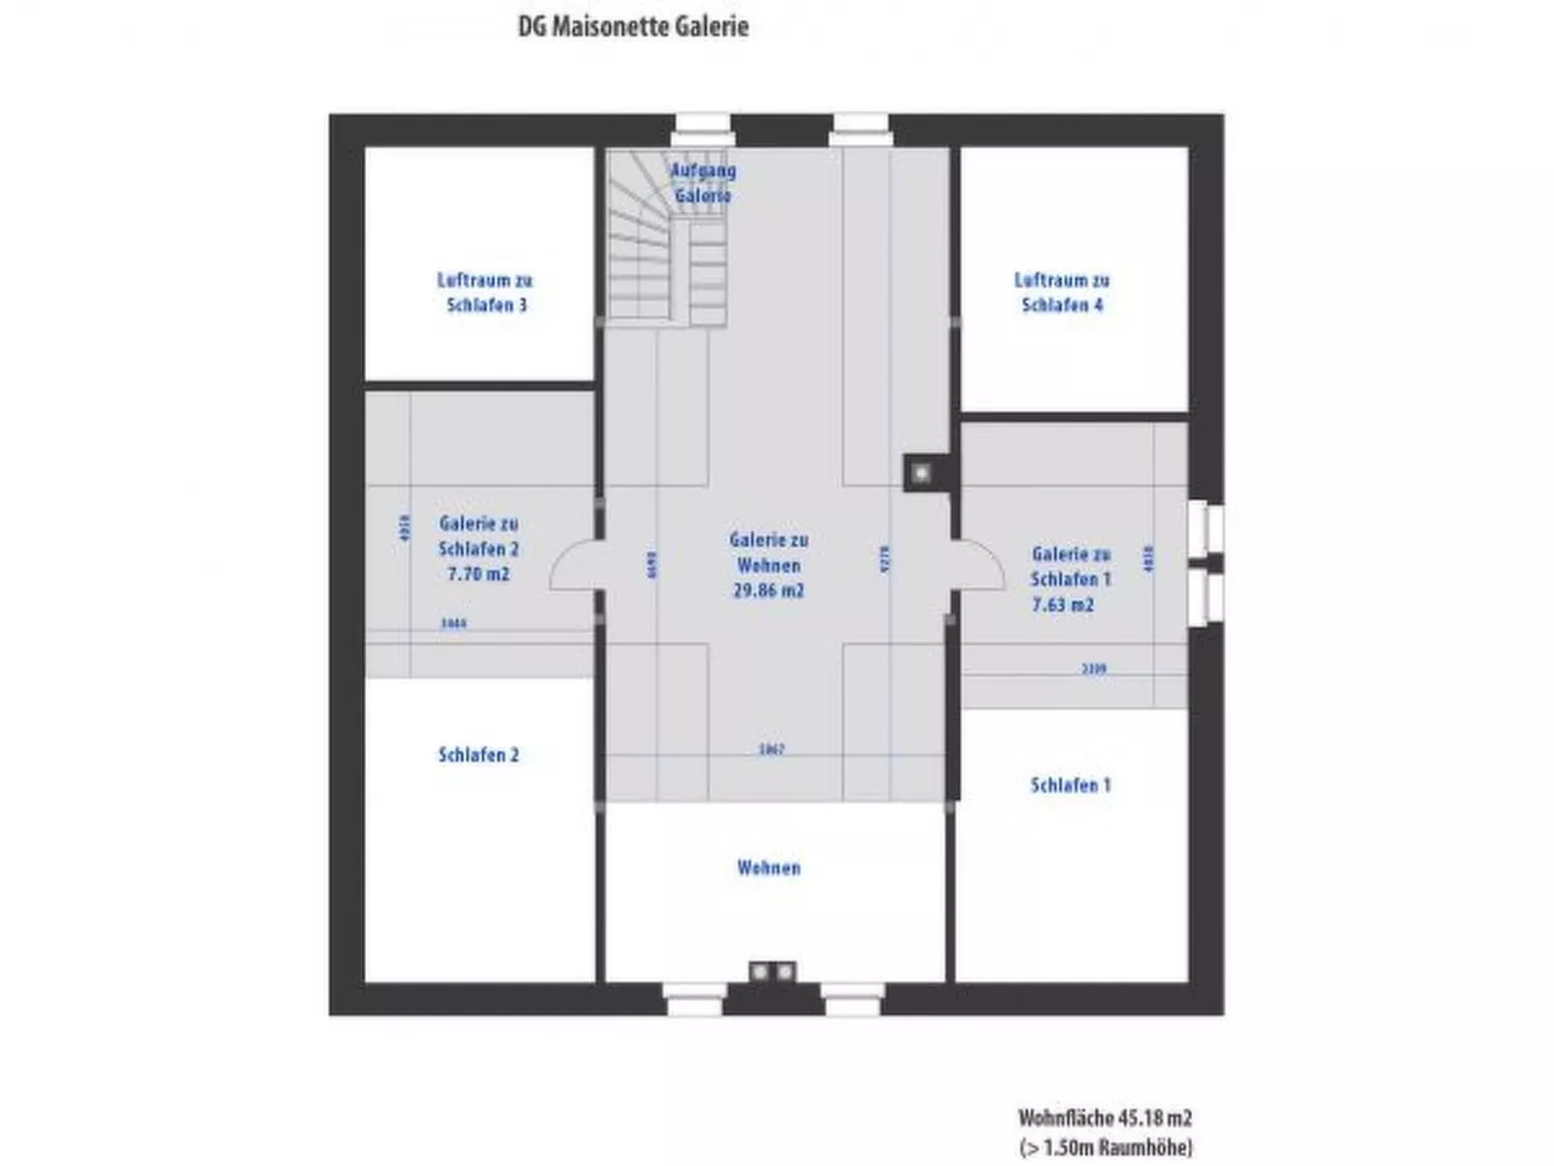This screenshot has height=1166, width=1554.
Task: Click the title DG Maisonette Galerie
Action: [633, 26]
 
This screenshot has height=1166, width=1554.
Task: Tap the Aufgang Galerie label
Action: [703, 183]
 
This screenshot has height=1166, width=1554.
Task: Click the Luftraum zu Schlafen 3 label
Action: [485, 292]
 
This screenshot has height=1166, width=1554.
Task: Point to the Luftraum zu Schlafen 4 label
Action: [1061, 292]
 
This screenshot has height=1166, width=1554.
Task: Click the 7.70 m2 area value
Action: [478, 574]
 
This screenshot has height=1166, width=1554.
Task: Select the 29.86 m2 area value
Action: [768, 590]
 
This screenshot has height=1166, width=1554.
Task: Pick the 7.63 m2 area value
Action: [1062, 605]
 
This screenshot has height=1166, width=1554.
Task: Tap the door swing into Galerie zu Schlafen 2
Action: [573, 566]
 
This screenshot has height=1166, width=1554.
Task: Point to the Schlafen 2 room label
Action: [478, 755]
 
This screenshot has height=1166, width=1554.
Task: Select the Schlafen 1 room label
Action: [1070, 785]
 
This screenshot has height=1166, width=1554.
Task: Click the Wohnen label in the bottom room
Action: [768, 868]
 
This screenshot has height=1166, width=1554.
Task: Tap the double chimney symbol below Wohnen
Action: [772, 971]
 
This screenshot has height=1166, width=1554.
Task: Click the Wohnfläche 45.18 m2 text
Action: [1104, 1118]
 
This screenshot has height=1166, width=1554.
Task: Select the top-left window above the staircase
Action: [702, 130]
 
